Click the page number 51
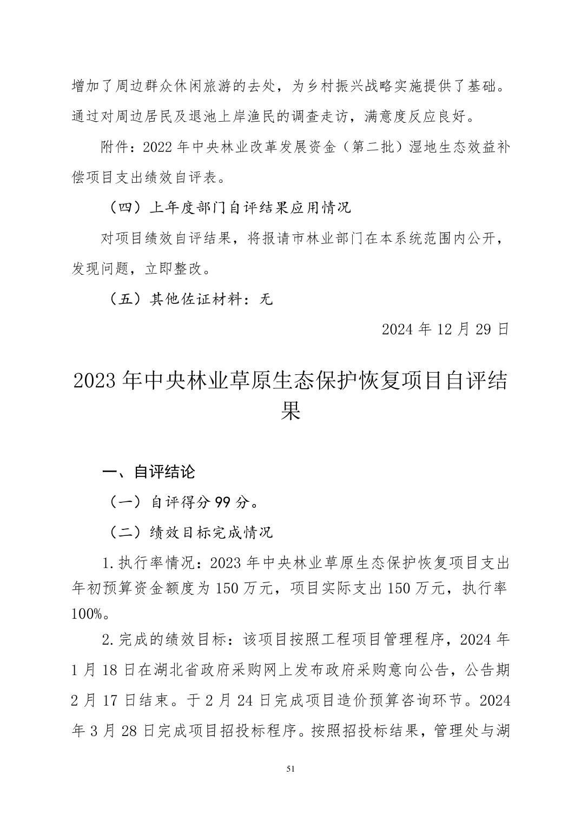pyautogui.click(x=290, y=770)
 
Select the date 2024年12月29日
pyautogui.click(x=445, y=329)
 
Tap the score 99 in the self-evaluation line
pyautogui.click(x=222, y=502)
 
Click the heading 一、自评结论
pyautogui.click(x=149, y=472)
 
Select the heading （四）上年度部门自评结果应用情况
pyautogui.click(x=227, y=207)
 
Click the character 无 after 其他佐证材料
pyautogui.click(x=266, y=299)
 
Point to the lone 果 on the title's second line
pyautogui.click(x=290, y=412)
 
